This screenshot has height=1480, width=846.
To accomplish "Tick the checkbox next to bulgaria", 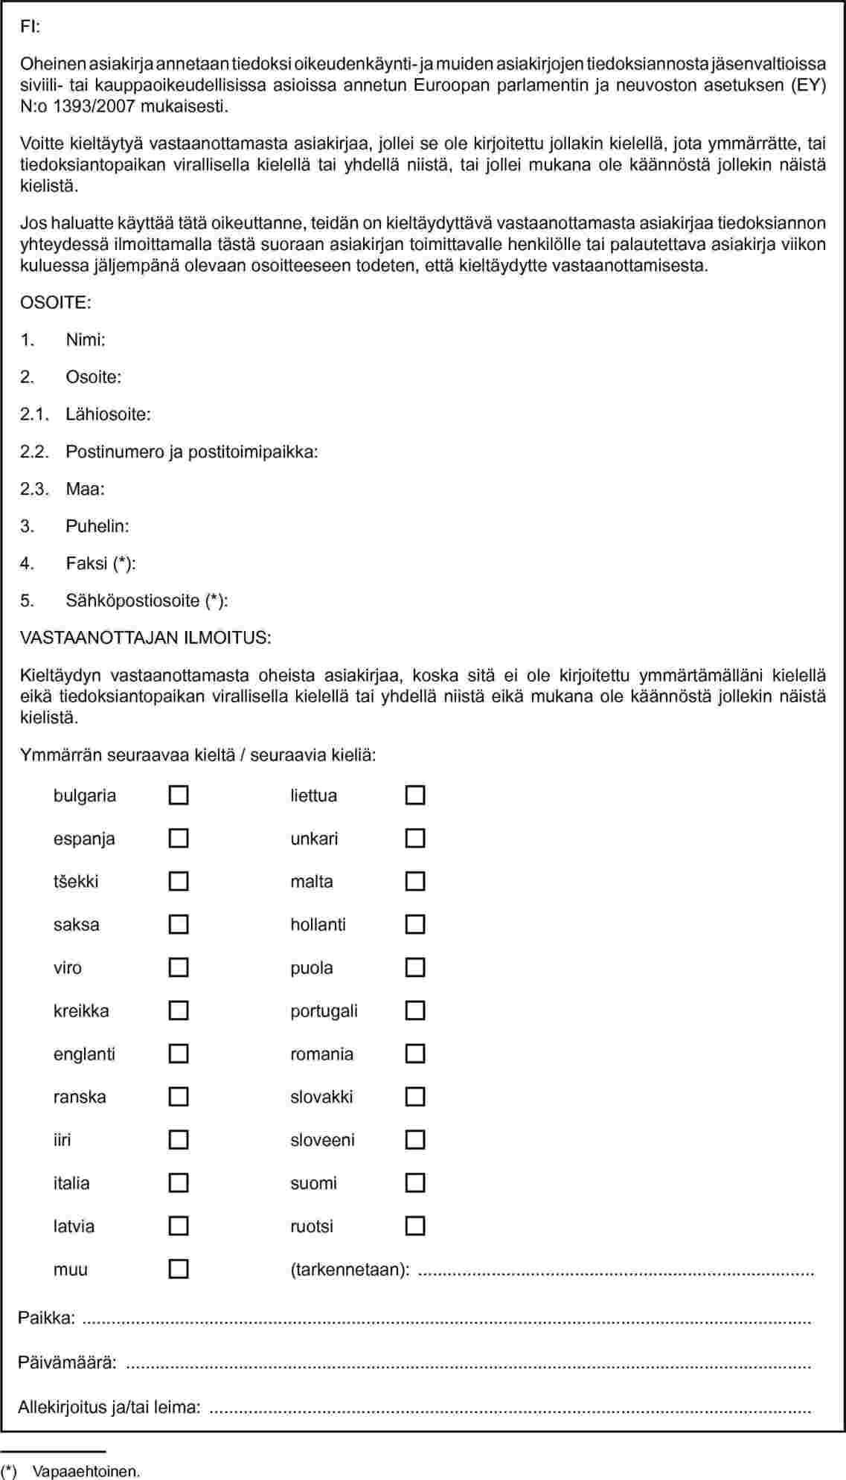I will tap(179, 795).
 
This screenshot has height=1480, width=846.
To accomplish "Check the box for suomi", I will tap(415, 1183).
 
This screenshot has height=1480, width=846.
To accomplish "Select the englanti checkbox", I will tap(179, 1054).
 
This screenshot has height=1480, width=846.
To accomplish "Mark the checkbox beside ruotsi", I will tap(415, 1226).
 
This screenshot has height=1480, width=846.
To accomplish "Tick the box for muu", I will tap(179, 1269).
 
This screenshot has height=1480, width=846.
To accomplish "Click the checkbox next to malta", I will tap(415, 882).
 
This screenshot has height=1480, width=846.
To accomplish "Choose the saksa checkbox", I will tap(179, 925).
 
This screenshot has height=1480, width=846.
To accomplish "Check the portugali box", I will tap(415, 1010).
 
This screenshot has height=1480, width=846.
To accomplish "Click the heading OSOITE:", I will tap(56, 303).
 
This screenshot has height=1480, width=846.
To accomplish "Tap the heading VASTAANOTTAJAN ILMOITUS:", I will tap(145, 638).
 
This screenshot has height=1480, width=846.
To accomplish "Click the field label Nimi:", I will tap(86, 340).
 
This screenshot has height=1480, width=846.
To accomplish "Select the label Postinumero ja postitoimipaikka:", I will tap(192, 452).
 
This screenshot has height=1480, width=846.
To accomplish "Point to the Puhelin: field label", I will tap(97, 526).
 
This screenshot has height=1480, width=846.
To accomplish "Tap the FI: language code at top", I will tap(30, 27).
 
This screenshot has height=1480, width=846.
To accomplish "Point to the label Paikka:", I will tap(46, 1318).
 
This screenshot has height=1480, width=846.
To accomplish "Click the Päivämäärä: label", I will tap(67, 1362).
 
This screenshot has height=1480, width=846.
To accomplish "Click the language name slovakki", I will tap(321, 1097).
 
